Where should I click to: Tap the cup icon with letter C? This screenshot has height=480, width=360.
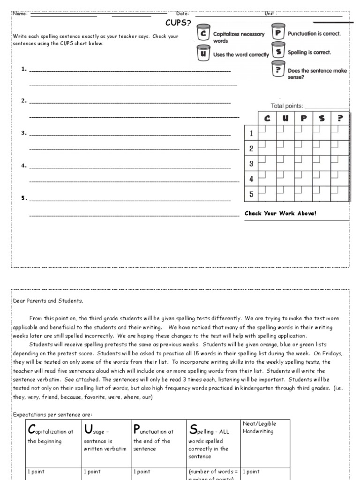click(202, 34)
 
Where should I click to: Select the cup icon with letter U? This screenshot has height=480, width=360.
click(202, 53)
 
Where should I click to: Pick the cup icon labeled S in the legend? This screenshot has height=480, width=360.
click(278, 52)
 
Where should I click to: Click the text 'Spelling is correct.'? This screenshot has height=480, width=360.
click(309, 52)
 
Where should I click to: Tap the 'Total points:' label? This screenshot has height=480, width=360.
click(287, 106)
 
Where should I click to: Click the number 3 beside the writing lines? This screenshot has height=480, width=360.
click(23, 133)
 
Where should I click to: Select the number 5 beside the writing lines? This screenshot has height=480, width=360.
click(23, 198)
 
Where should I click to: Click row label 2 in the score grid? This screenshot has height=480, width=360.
click(251, 149)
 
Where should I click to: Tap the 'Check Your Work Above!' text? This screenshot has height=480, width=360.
click(280, 213)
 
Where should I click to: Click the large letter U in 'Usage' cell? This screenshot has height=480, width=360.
click(88, 429)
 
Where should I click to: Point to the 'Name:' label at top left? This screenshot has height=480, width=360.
click(20, 14)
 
